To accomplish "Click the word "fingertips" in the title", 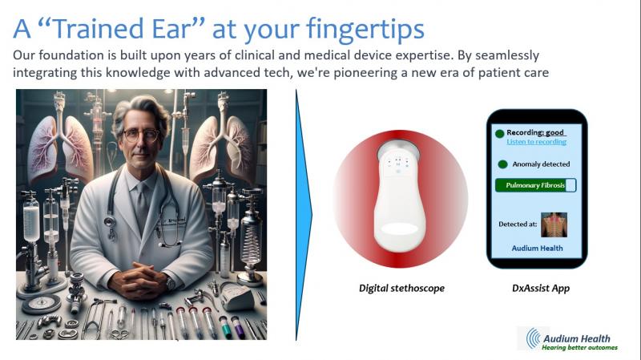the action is tap(365, 30).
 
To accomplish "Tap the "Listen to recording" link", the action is tap(536, 142).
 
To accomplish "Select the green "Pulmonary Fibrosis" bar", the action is tap(535, 185).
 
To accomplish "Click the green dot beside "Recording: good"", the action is tap(499, 133).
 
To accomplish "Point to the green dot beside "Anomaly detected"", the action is tap(502, 164).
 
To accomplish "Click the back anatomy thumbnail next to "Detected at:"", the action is tap(554, 224).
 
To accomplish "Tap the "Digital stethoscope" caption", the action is tap(401, 289).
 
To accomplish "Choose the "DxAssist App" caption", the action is tap(540, 289).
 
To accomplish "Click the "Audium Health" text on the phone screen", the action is tap(537, 249).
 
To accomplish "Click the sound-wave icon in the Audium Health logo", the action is tap(534, 338).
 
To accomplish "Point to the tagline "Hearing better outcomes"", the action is tap(579, 348).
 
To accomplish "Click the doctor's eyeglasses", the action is tap(142, 135).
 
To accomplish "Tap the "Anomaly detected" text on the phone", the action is tap(541, 164).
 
